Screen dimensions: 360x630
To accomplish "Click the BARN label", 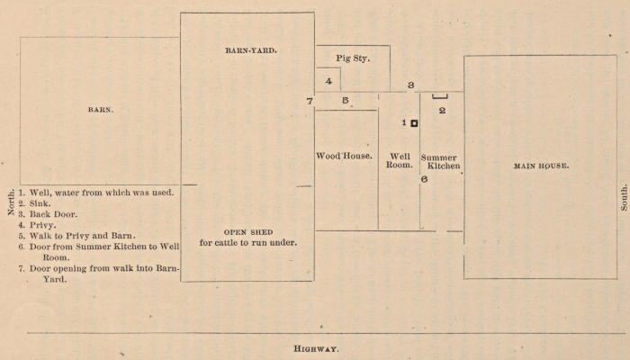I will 101,110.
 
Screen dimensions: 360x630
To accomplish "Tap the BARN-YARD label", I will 250,50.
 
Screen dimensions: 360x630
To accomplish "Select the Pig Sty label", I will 353,58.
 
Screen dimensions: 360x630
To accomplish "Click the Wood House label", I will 345,156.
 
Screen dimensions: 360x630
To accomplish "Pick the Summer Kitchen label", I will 441,162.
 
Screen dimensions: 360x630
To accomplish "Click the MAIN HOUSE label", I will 541,166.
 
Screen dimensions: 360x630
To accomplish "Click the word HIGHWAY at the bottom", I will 316,347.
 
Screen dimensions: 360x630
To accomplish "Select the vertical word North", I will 10,202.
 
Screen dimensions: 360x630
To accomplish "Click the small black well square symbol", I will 414,123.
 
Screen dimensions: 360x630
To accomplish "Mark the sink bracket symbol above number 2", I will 441,96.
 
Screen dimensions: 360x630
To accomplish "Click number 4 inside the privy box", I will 328,81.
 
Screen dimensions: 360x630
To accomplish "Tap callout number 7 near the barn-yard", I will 309,101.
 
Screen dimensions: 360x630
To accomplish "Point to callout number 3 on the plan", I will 410,85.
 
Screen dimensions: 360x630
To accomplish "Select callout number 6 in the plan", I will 424,179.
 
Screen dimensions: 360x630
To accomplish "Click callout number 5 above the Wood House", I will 345,100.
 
